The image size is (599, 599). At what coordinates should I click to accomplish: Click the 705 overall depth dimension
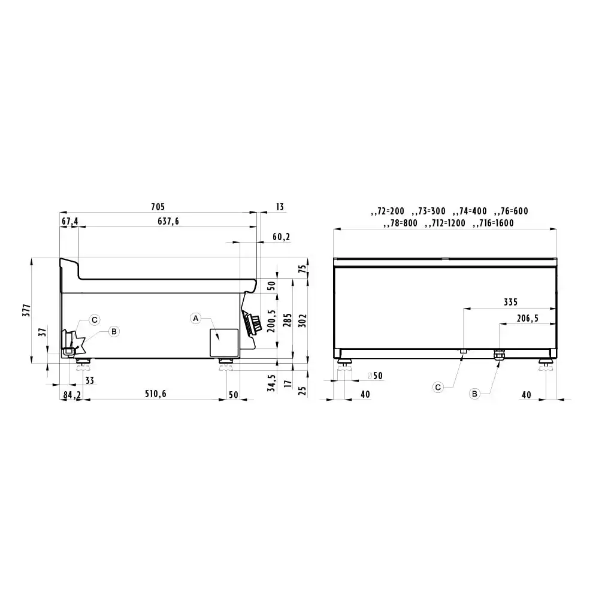[x=158, y=207]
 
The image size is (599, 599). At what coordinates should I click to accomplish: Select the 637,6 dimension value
[x=168, y=221]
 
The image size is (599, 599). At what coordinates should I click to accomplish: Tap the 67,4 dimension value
[x=69, y=221]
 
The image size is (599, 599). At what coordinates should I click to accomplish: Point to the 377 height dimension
[x=26, y=310]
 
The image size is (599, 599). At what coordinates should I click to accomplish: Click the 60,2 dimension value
[x=281, y=237]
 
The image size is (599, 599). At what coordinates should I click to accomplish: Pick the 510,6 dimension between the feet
[x=156, y=394]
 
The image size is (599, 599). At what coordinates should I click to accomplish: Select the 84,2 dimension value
[x=72, y=395]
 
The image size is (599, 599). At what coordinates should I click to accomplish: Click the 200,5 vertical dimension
[x=271, y=321]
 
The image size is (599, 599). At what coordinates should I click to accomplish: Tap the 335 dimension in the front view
[x=510, y=302]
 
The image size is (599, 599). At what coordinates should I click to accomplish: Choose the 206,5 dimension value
[x=528, y=318]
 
